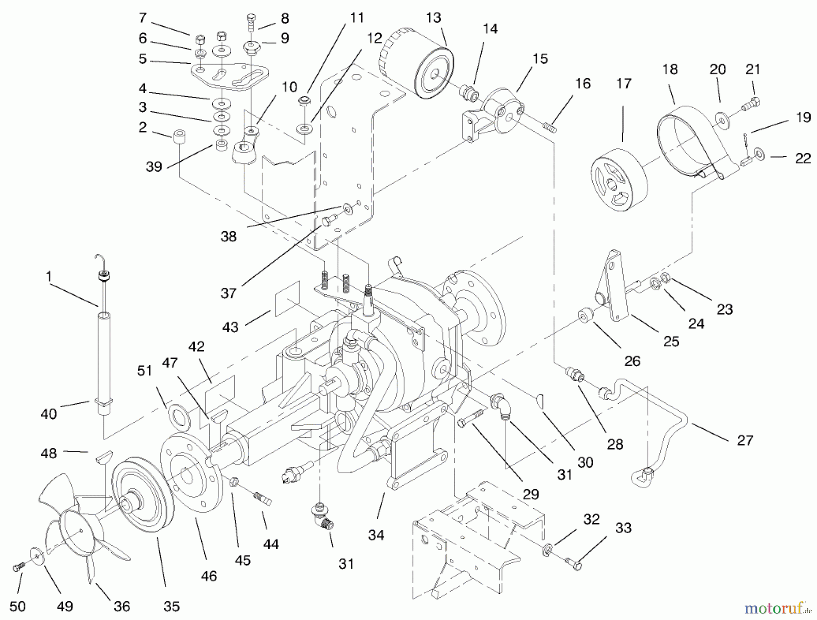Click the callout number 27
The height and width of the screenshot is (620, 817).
pos(745,440)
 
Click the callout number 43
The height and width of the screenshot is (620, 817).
pos(231,327)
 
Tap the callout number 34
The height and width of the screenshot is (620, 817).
pos(376,535)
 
